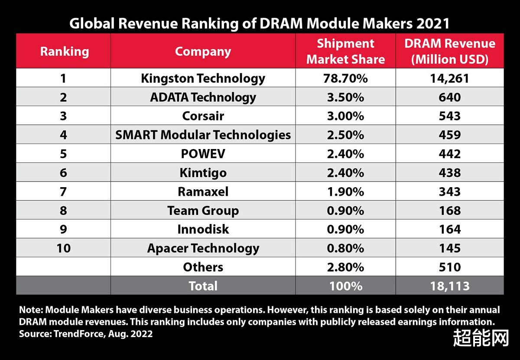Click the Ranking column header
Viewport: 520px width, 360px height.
[64, 52]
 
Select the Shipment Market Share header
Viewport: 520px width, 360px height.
[345, 52]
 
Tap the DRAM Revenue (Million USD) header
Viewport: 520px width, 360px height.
[449, 52]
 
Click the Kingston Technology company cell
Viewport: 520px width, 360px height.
[203, 78]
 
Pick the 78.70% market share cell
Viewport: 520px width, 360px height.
[345, 78]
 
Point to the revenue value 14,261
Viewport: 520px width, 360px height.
[449, 78]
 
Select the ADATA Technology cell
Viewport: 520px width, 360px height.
[203, 97]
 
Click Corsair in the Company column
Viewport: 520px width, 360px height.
[203, 116]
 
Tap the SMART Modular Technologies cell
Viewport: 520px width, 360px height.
[203, 135]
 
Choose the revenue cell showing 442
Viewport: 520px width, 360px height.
[449, 154]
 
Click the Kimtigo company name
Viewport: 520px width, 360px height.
[203, 173]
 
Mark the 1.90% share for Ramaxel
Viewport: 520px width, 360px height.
[345, 191]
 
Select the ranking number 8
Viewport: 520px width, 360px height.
[63, 211]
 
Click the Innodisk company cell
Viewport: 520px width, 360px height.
[203, 229]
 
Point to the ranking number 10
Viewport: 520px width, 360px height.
[63, 248]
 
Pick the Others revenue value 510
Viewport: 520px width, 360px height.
[449, 267]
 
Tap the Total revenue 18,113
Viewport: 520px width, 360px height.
[449, 286]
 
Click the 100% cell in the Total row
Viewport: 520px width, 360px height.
[345, 286]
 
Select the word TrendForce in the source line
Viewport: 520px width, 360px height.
[71, 334]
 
